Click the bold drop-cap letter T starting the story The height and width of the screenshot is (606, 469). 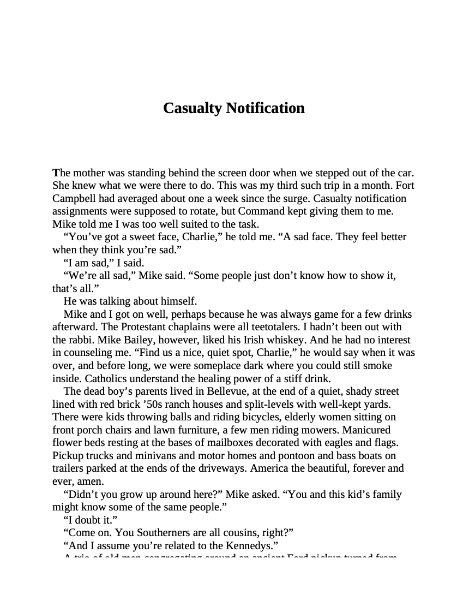pos(56,173)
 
